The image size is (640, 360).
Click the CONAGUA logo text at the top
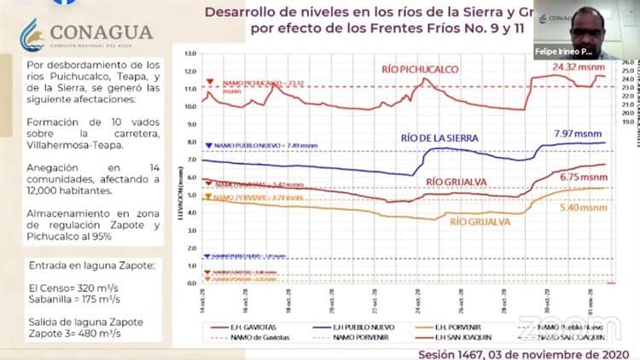[102, 32]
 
